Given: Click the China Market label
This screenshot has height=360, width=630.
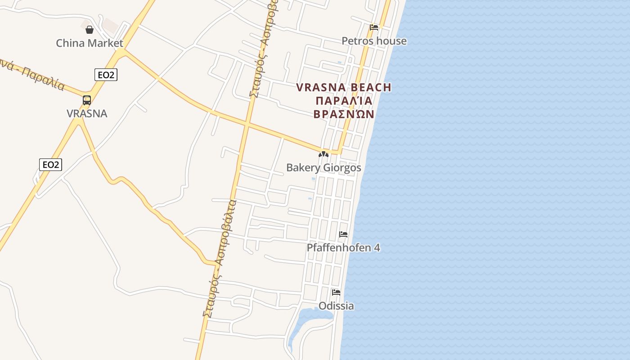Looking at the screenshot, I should coord(89,43).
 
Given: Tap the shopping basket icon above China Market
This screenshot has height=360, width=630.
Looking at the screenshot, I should coord(90,30).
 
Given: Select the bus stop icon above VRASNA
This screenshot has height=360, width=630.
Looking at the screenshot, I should coord(87,100).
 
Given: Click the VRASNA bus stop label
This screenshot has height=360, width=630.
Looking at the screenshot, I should coord(87,113).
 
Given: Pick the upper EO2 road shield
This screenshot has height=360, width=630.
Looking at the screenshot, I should coord(106,75).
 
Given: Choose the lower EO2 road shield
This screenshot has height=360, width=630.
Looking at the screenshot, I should coord(50,165).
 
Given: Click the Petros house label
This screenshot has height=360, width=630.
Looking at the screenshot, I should coord(374,41).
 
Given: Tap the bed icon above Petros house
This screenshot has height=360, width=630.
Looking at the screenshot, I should coord(374,27).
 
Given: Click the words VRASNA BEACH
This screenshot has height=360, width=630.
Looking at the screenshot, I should coord(344,87).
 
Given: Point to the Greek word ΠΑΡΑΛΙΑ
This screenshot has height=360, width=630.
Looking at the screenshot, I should coord(344,100).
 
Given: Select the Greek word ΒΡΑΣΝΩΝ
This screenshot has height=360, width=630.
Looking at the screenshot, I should coord(344,114).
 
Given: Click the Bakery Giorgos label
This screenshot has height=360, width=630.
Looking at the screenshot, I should coord(324,168).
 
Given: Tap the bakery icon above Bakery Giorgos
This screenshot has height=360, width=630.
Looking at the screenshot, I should coord(324,154).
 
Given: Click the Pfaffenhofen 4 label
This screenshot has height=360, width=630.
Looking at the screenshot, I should coord(343,247).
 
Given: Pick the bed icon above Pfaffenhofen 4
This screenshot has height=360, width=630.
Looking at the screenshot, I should coord(343,234).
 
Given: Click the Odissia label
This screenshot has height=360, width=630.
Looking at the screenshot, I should coord(336,306).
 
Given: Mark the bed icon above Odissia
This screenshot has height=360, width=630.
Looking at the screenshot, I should coord(336,292).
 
